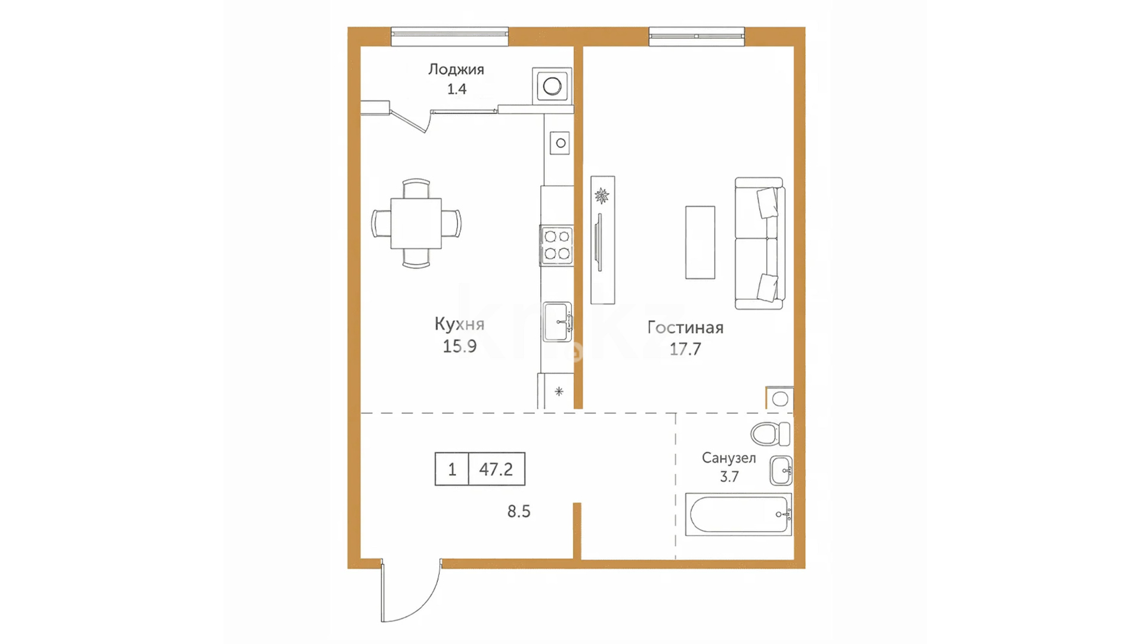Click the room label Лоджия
[456, 70]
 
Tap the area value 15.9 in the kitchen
[460, 346]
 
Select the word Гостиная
[685, 327]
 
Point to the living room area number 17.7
[685, 349]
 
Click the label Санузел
[729, 458]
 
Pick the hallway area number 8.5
[519, 512]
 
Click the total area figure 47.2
[496, 469]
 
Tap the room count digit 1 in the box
[452, 469]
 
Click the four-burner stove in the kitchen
[556, 245]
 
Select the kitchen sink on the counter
[558, 321]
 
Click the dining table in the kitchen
[416, 224]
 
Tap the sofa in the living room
[760, 243]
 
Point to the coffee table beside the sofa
[700, 243]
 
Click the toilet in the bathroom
[770, 434]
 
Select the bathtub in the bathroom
[738, 514]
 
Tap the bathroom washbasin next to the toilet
[781, 470]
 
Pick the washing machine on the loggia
[552, 86]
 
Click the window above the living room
[697, 36]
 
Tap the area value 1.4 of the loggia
[457, 89]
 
